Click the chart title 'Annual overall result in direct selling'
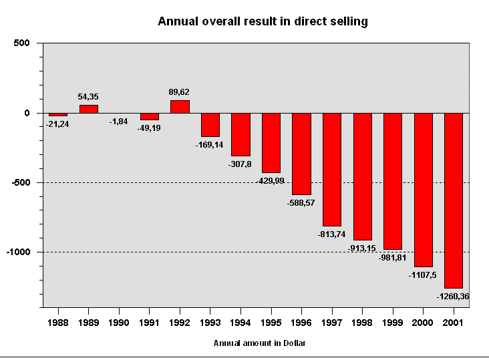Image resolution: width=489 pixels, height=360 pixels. pos(263,21)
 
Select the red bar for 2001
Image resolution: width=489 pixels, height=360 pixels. pos(454,200)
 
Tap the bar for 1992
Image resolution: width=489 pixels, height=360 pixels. pos(180,106)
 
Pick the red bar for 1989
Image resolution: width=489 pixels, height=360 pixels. pos(89,109)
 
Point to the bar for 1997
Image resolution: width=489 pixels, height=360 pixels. pos(332,170)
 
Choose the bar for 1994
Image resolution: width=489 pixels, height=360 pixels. pos(240,134)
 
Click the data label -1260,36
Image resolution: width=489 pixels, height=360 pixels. pos(454,296)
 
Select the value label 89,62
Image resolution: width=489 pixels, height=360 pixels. pos(180,92)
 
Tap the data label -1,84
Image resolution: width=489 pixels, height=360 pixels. pos(120,121)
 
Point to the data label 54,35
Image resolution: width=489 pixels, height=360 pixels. pos(88,97)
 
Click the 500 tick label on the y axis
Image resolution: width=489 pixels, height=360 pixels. pos(22,43)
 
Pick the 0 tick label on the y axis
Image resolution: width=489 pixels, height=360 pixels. pos(27,113)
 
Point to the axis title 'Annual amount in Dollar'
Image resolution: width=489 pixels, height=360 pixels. pos(260,343)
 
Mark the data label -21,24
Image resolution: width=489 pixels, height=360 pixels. pos(58,124)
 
